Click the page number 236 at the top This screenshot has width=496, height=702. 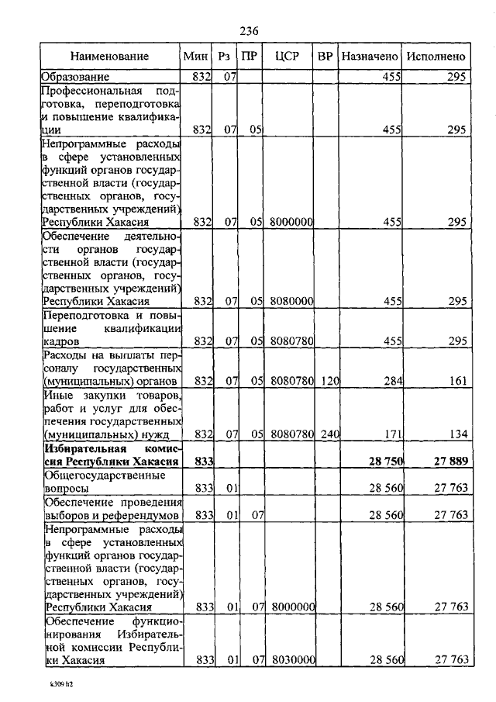(x=248, y=31)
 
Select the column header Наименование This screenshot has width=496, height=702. (x=109, y=57)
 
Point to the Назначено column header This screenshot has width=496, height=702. (x=370, y=57)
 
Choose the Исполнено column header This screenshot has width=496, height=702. (x=436, y=57)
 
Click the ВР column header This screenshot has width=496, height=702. (x=326, y=57)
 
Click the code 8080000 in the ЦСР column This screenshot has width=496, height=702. (x=291, y=301)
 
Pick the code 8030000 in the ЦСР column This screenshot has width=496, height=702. (x=291, y=659)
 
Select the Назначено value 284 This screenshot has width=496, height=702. (x=391, y=381)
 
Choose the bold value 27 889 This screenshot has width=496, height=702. (x=449, y=462)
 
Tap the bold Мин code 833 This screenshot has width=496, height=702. (x=203, y=462)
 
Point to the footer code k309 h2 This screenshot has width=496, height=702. (x=52, y=686)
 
